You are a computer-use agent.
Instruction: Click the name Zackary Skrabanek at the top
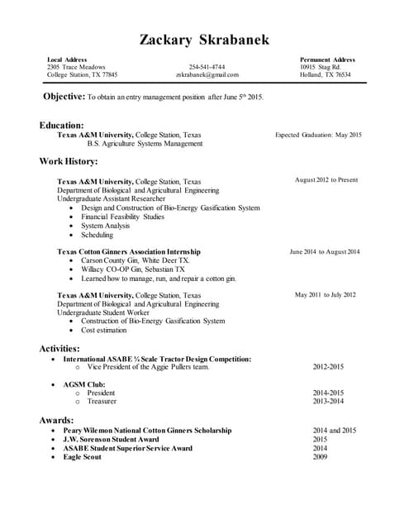(204, 40)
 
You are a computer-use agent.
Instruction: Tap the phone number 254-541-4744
(207, 67)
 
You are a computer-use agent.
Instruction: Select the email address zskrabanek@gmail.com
(207, 74)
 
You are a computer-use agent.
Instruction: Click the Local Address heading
(67, 60)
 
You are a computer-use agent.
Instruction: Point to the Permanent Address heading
(327, 60)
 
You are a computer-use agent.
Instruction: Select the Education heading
(61, 125)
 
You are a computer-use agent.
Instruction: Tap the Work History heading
(69, 161)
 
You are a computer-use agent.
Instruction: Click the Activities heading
(59, 349)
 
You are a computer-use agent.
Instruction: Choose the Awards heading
(56, 420)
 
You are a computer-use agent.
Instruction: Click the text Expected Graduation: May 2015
(318, 135)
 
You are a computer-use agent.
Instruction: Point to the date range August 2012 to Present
(326, 179)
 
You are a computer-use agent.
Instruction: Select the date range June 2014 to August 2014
(325, 251)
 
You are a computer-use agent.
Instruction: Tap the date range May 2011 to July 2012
(326, 294)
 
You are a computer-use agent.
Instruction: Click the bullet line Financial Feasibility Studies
(122, 217)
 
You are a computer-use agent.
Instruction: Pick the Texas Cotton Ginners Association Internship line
(128, 251)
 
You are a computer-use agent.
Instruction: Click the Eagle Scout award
(82, 457)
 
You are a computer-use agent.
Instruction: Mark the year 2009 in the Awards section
(320, 457)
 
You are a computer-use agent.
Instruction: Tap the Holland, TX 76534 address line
(326, 74)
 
